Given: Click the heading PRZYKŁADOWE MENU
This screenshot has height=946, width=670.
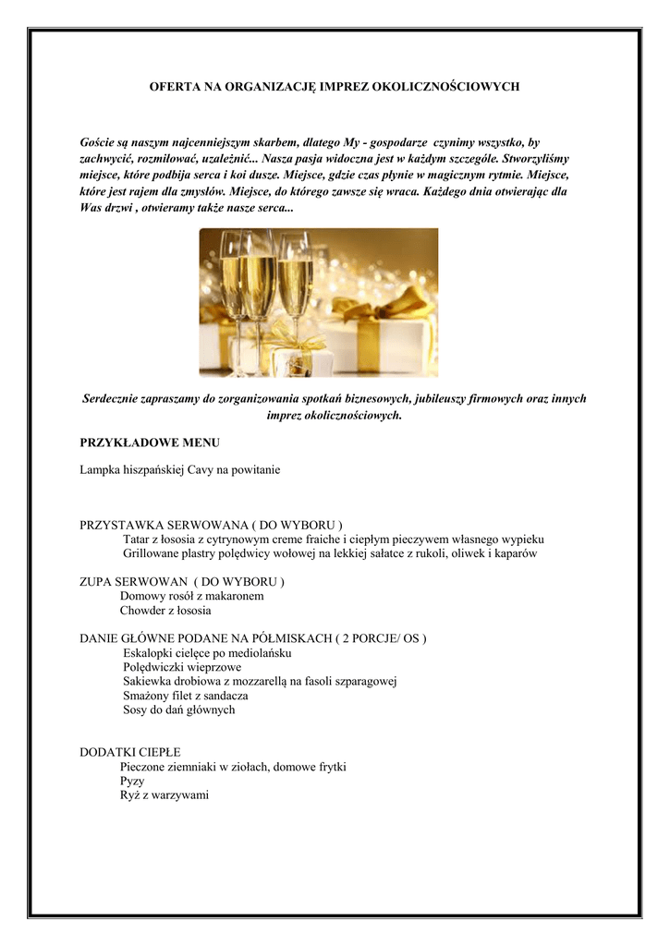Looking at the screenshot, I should [x=150, y=443].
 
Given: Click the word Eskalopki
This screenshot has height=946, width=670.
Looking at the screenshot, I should [x=148, y=653].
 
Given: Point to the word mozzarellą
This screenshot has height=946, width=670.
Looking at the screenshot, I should [x=274, y=682].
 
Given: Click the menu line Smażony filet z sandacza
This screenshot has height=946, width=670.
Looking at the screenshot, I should [x=185, y=696].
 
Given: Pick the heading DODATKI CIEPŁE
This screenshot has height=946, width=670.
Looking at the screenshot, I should [x=130, y=752].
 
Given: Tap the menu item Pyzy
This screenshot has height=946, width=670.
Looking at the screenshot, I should [x=132, y=781].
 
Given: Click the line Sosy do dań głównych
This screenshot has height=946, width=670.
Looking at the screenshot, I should [x=178, y=709].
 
